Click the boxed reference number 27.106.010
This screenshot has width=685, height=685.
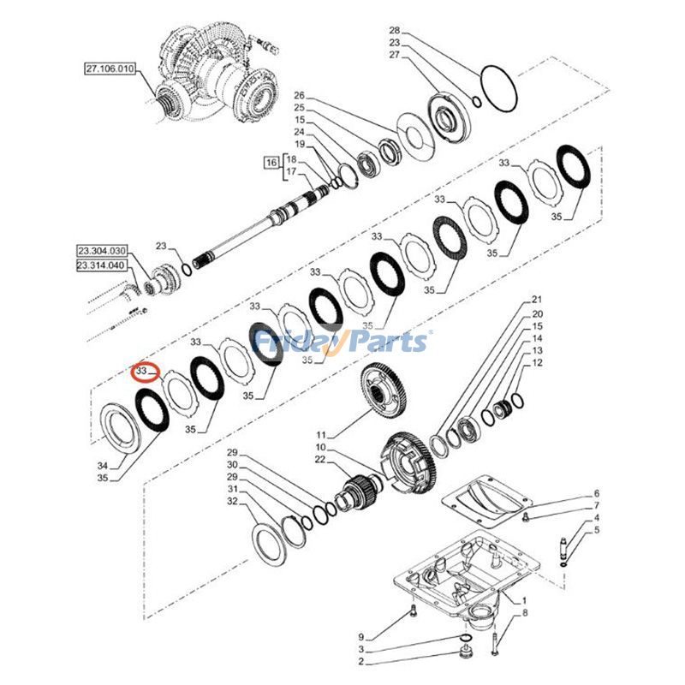[x=110, y=69]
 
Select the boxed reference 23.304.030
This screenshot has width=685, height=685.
[x=102, y=251]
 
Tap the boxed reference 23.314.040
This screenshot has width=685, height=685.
[x=101, y=265]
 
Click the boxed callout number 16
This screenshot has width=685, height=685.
[x=271, y=163]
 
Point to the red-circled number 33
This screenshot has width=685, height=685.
[x=141, y=371]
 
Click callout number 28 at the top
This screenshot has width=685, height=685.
[x=395, y=30]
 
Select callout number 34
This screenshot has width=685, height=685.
[x=103, y=466]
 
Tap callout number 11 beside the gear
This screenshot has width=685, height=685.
[x=322, y=435]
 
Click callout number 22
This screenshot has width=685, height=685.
[x=320, y=459]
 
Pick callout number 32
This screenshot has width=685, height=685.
[x=232, y=501]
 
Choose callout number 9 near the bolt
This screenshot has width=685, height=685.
[x=361, y=637]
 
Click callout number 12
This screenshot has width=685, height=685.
[x=538, y=362]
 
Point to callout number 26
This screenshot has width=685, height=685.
[x=299, y=95]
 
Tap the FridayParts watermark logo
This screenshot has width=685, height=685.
[x=342, y=342]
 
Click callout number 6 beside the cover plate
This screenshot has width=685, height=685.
[x=597, y=493]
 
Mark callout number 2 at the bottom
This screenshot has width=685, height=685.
[x=361, y=661]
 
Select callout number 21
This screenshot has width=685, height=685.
[x=537, y=299]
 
